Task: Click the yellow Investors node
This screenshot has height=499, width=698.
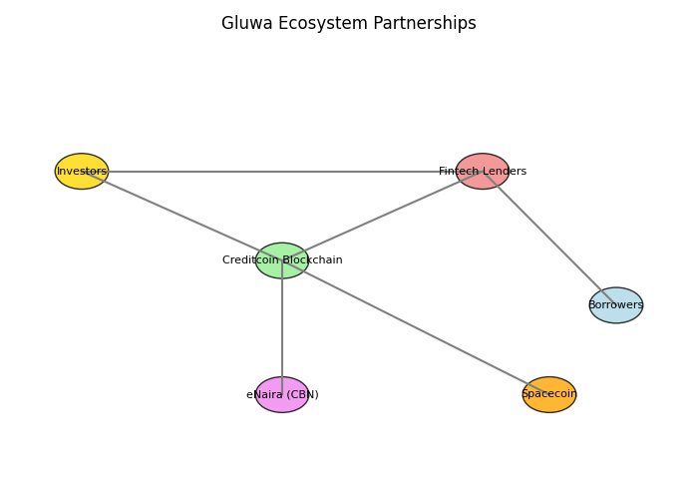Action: [82, 172]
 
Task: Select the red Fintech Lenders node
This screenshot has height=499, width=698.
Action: [483, 172]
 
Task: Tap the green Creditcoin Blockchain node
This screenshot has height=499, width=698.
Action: [282, 260]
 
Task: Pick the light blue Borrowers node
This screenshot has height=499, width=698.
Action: [616, 305]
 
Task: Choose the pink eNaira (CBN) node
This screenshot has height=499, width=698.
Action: [282, 394]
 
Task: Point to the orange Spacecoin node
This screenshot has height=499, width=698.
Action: [549, 394]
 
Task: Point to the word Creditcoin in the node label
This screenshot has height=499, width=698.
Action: [250, 260]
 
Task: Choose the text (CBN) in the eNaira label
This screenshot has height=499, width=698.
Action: [302, 394]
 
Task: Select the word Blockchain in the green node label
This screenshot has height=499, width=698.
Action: [312, 260]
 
